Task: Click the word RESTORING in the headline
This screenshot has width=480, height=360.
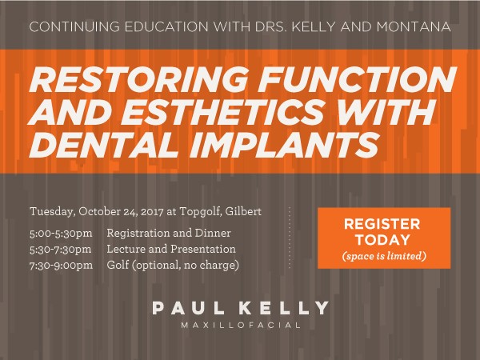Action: pyautogui.click(x=133, y=82)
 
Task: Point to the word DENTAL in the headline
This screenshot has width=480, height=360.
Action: pyautogui.click(x=95, y=146)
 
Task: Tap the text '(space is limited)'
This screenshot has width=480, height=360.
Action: pyautogui.click(x=383, y=256)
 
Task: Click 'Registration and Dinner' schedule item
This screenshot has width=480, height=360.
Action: pyautogui.click(x=169, y=233)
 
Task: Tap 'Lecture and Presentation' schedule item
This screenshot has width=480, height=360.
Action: pyautogui.click(x=170, y=249)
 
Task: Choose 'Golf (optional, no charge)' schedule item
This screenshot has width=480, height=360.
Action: pyautogui.click(x=173, y=265)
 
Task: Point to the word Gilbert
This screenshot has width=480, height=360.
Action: pyautogui.click(x=246, y=212)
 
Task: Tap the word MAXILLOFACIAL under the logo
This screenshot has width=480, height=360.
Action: pyautogui.click(x=240, y=326)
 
